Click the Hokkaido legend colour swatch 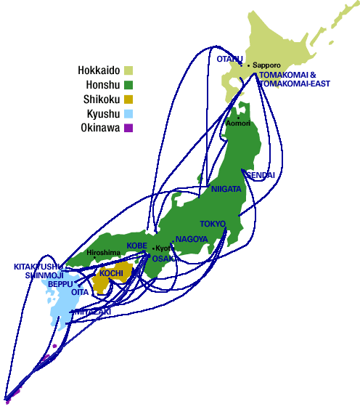click(x=128, y=70)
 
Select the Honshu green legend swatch click(x=128, y=85)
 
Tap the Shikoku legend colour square click(x=128, y=100)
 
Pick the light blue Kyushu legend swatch click(x=128, y=114)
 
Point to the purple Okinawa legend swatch click(x=128, y=129)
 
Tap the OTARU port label click(x=229, y=58)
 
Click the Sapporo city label click(x=266, y=65)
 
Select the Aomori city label click(x=239, y=123)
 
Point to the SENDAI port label click(x=262, y=176)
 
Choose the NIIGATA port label click(x=226, y=189)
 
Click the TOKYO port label click(x=213, y=224)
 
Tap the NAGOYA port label click(x=192, y=239)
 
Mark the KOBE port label click(x=137, y=246)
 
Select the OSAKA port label click(x=164, y=258)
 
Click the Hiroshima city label click(x=103, y=253)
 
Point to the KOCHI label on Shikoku click(x=111, y=273)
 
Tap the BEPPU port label click(x=60, y=284)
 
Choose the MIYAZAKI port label click(x=91, y=312)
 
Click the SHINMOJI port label click(x=44, y=275)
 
